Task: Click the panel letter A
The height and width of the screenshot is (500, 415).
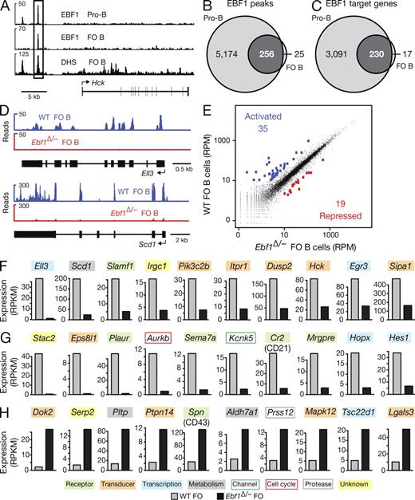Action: [6, 6]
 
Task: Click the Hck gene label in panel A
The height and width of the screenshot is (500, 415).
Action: [116, 81]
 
